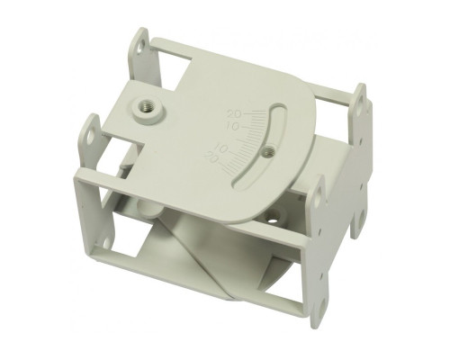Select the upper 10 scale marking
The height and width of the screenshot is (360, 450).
tap(231, 126)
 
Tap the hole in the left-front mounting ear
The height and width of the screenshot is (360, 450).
tap(91, 134)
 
